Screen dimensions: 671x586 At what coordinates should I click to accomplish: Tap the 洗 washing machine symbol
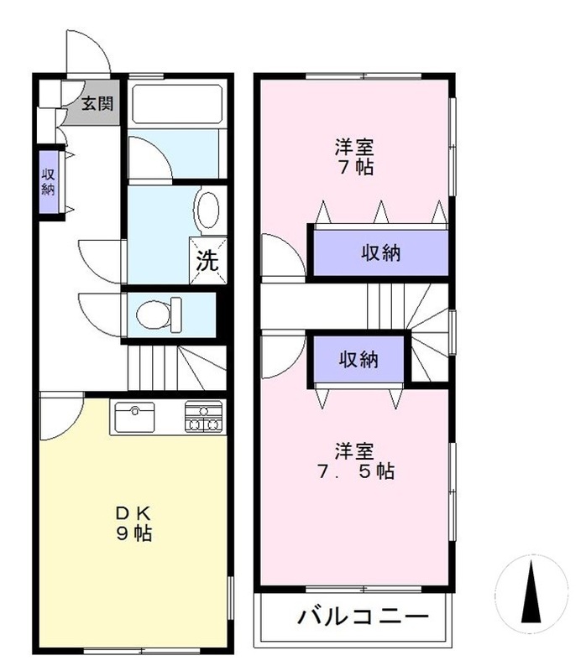pyautogui.click(x=207, y=261)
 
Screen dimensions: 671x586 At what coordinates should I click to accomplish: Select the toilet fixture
pyautogui.click(x=158, y=313)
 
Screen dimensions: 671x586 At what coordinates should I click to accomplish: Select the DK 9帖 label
pyautogui.click(x=133, y=523)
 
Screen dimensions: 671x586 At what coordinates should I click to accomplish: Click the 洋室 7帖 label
pyautogui.click(x=353, y=155)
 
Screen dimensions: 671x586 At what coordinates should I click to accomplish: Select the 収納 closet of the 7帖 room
pyautogui.click(x=380, y=252)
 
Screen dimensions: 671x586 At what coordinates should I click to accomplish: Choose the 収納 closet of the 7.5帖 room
pyautogui.click(x=358, y=360)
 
